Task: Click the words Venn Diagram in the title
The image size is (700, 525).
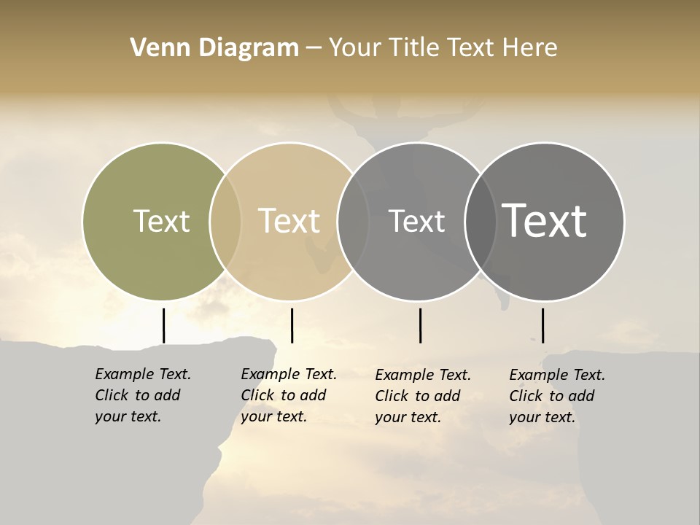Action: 214,48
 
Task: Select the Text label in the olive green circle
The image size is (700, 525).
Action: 161,221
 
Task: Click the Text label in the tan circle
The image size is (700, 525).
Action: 289,221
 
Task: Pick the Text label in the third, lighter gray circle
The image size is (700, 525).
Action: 416,221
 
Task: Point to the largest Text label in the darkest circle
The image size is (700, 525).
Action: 545,221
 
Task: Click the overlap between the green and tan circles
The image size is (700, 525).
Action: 225,221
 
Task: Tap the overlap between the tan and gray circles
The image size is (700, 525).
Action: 353,221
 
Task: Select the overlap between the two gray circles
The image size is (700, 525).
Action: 481,221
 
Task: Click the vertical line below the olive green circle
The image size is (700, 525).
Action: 163,325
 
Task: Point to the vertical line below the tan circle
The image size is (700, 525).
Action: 292,325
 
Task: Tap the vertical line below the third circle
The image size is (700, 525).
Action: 420,325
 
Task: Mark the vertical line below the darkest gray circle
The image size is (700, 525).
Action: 542,325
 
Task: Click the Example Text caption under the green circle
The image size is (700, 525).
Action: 142,395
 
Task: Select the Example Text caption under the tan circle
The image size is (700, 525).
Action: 288,395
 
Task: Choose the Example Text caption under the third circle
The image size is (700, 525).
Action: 422,396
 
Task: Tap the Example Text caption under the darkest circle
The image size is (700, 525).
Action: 556,396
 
